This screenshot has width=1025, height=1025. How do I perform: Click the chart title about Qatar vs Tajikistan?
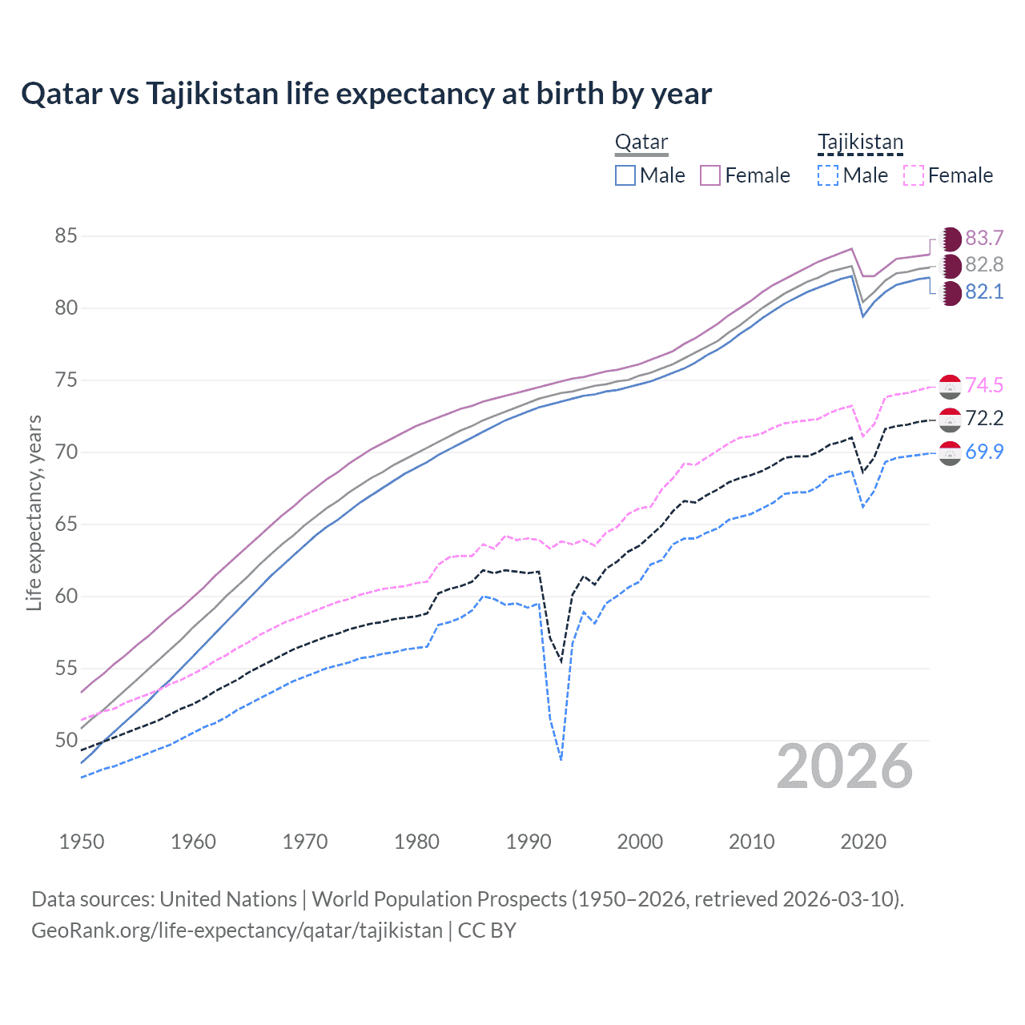pos(366,94)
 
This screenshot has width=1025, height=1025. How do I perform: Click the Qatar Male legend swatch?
pos(625,175)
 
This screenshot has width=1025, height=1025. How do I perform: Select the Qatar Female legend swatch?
pos(710,175)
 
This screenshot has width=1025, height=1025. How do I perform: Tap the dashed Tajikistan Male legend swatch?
pos(828,175)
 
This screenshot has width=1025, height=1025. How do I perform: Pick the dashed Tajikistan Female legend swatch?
pos(913,175)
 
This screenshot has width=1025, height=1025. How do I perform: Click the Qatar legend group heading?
pos(641,143)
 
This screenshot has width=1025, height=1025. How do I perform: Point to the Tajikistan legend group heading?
pos(860,143)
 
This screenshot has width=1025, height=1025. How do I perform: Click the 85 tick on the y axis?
pos(66,236)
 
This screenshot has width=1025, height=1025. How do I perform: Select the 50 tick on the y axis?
pos(66,740)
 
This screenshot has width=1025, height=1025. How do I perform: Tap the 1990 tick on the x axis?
pos(529,842)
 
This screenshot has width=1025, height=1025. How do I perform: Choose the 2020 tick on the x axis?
pos(863,842)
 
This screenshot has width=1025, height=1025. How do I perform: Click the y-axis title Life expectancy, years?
pos(34,512)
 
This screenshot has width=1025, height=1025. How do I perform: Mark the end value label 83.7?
pos(984,238)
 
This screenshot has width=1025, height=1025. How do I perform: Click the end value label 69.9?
pos(984,452)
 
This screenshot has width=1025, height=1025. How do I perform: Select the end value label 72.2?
pos(984,418)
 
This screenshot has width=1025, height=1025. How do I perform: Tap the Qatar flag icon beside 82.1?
pos(950,293)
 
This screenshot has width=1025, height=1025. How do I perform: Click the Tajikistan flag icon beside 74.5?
pos(950,386)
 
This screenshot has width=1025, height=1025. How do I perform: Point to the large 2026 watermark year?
pos(845,767)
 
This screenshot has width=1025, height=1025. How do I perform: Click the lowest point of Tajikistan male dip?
pos(561,759)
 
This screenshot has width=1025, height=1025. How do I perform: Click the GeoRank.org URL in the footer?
pos(237,931)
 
